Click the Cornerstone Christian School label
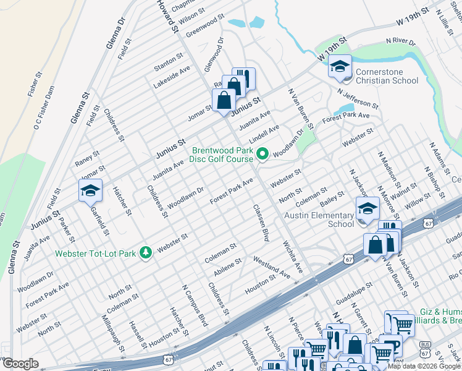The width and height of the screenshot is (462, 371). (388, 76)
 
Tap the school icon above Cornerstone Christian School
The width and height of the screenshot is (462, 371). (340, 67)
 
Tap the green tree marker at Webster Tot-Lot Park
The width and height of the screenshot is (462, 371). (146, 252)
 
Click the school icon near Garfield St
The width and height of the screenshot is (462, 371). (90, 192)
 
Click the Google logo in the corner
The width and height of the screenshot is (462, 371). (20, 364)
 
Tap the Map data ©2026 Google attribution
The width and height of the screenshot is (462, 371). (424, 366)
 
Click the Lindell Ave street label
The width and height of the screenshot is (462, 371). (264, 131)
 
